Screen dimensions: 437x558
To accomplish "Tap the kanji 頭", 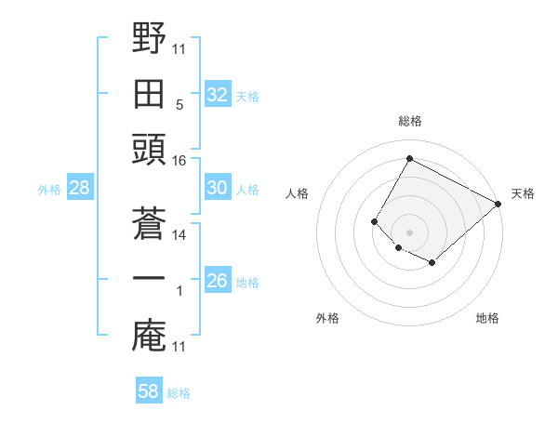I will tap(149, 149).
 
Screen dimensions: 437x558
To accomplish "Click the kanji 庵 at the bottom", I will tap(149, 336).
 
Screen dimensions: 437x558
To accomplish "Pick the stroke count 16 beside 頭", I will tap(179, 161).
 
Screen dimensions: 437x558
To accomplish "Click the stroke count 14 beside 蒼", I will tap(179, 235).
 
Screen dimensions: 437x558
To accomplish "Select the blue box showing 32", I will tap(218, 94).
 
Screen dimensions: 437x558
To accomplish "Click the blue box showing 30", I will tap(218, 188).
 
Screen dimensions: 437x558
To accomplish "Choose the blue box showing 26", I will tap(218, 281).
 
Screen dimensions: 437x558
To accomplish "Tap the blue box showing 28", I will tap(80, 188).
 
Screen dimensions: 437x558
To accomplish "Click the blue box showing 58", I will tap(149, 391).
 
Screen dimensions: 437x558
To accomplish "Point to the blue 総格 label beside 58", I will tap(179, 393).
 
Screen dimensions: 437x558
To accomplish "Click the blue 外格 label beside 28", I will tap(49, 190).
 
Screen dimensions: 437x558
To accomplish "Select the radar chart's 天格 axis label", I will tap(523, 193).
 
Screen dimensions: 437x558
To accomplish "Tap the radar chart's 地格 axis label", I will tap(487, 318).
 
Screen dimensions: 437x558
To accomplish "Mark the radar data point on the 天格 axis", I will tap(498, 204).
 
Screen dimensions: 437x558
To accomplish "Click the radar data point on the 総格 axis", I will tap(409, 158).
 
